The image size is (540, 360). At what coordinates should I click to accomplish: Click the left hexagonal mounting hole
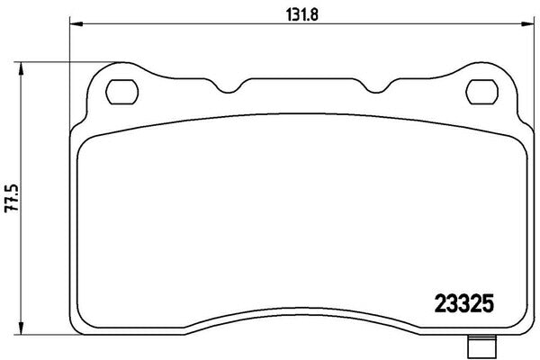[121, 90]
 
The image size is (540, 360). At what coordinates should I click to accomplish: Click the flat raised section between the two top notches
[301, 83]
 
